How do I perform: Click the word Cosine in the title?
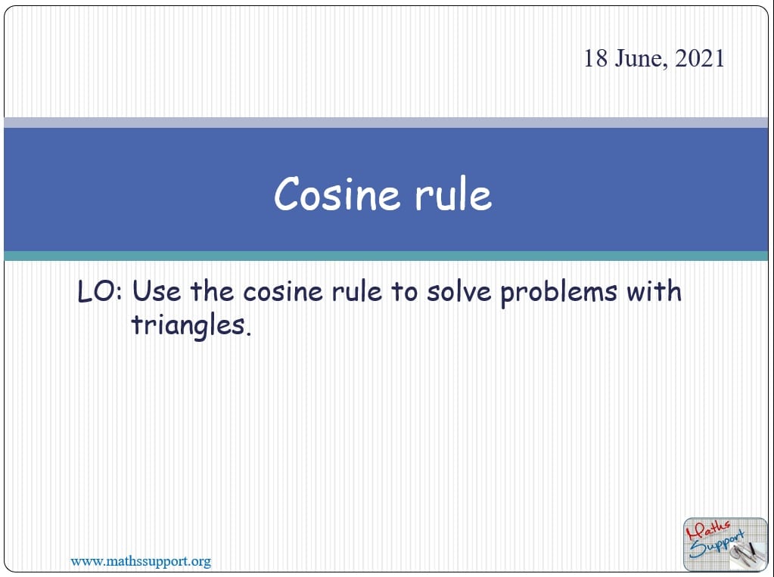pyautogui.click(x=337, y=194)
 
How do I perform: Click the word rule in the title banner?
pyautogui.click(x=453, y=194)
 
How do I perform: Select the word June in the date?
pyautogui.click(x=641, y=59)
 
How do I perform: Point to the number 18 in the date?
pyautogui.click(x=595, y=58)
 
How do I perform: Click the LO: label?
pyautogui.click(x=99, y=291)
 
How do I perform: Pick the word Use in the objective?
pyautogui.click(x=157, y=291)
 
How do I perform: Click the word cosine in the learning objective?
pyautogui.click(x=283, y=291)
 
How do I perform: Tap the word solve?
pyautogui.click(x=459, y=291)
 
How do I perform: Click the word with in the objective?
pyautogui.click(x=654, y=291)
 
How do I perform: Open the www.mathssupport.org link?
pyautogui.click(x=141, y=561)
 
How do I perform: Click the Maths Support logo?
pyautogui.click(x=725, y=544)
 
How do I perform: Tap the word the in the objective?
pyautogui.click(x=213, y=291)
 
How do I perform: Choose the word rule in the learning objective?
pyautogui.click(x=357, y=291)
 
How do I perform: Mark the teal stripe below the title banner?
pyautogui.click(x=386, y=256)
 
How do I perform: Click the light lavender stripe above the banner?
pyautogui.click(x=386, y=123)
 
